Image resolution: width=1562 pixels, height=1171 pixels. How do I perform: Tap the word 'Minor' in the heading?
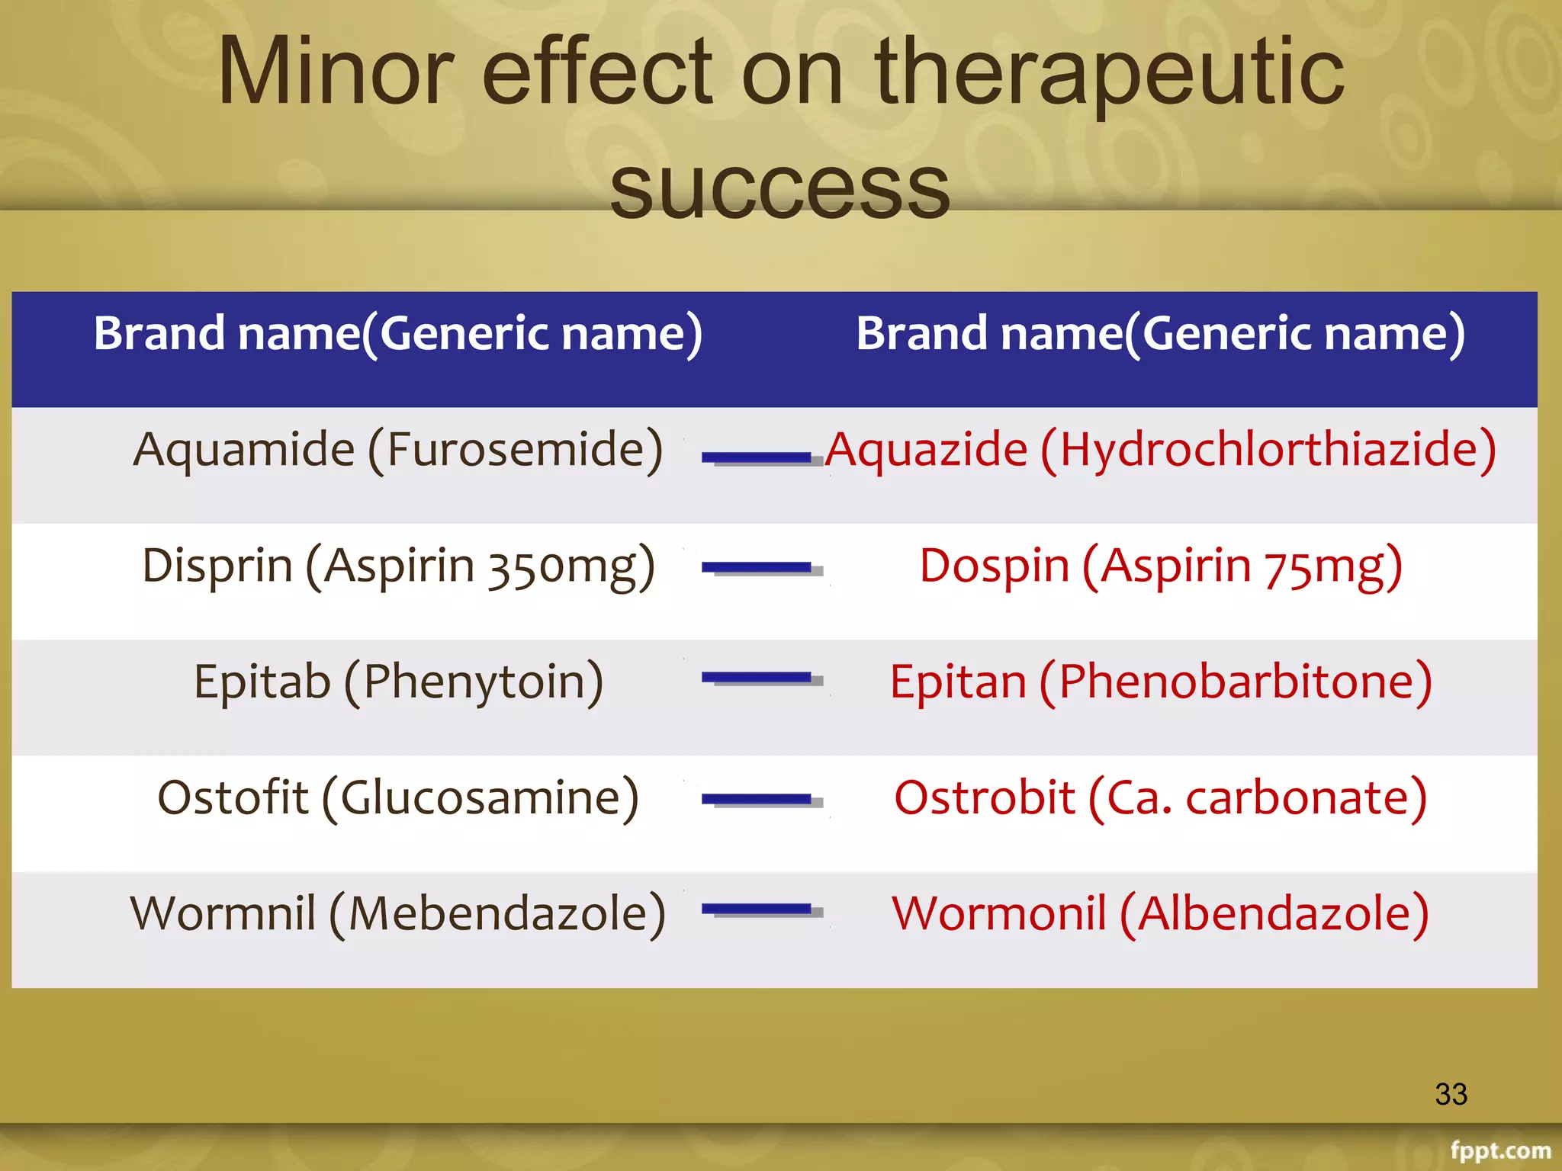(x=336, y=72)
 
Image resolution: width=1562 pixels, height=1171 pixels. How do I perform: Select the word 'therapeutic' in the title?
(x=1110, y=72)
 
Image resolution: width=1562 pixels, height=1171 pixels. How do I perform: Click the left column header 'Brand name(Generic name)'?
(x=397, y=334)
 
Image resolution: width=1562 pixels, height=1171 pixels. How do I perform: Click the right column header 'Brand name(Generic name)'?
(x=1160, y=334)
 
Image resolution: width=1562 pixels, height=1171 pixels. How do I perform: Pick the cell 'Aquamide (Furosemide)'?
(x=397, y=450)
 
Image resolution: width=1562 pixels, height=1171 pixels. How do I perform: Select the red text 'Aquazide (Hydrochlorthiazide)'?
(x=1160, y=450)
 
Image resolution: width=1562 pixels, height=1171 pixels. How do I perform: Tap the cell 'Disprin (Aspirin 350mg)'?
(x=397, y=566)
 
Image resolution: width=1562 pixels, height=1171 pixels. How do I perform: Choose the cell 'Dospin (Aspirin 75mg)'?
(x=1160, y=566)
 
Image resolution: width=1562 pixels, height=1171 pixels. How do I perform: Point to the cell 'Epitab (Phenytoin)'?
(x=397, y=682)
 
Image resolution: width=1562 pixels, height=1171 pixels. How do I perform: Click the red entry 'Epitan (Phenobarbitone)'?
(x=1160, y=682)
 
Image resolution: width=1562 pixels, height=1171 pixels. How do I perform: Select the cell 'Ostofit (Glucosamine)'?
(x=397, y=798)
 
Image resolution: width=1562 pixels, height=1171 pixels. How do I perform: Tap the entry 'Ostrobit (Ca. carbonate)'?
(x=1160, y=798)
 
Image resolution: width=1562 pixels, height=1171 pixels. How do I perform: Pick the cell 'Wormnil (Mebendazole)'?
(x=397, y=914)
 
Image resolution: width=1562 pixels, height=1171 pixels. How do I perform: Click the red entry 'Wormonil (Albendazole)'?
(x=1160, y=914)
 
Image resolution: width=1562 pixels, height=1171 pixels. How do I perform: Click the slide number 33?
(x=1451, y=1095)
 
